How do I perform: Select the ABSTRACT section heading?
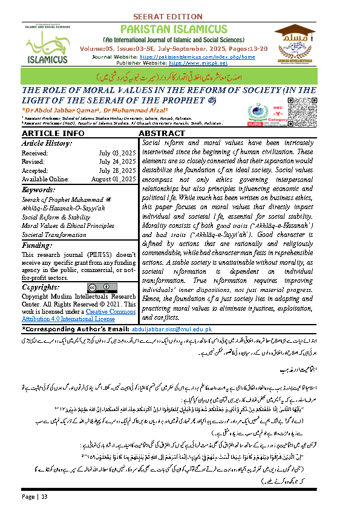pyautogui.click(x=162, y=134)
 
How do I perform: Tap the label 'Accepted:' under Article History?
pyautogui.click(x=34, y=170)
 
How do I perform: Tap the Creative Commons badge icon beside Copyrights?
pyautogui.click(x=96, y=287)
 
